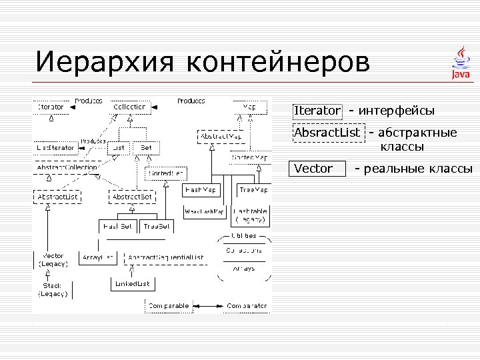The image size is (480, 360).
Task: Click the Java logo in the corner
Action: (459, 63)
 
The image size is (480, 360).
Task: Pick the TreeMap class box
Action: (253, 190)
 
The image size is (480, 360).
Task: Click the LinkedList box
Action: (132, 284)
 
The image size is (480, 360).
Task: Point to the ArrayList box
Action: (98, 257)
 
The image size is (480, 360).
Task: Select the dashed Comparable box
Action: (167, 306)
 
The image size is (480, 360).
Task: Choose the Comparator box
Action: (247, 306)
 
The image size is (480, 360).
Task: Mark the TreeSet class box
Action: (157, 227)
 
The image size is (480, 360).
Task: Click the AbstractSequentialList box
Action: (165, 257)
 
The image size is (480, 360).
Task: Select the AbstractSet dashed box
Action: (133, 197)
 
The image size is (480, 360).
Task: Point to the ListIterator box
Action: (56, 147)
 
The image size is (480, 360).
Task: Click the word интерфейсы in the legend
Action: (396, 110)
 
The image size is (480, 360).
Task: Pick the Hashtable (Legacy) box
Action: (251, 215)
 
